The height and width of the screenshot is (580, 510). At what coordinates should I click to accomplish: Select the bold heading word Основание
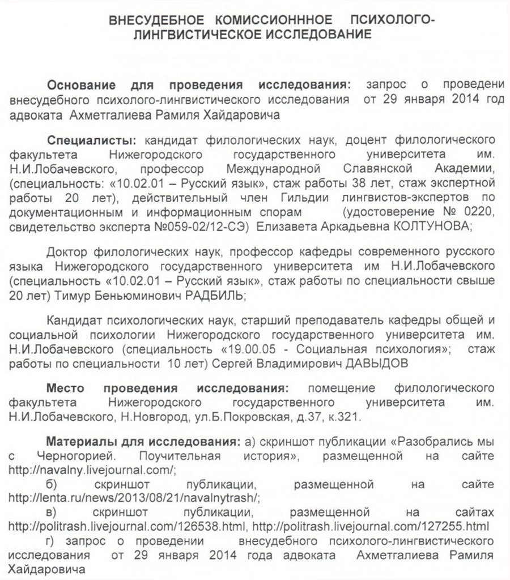82,85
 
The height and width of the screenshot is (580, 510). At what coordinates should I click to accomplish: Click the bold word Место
65,390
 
